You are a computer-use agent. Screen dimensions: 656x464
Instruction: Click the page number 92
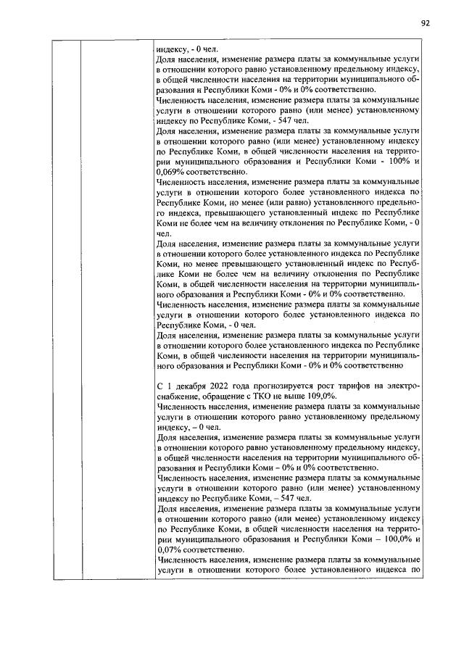click(x=426, y=22)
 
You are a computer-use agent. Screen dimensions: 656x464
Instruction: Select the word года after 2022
click(x=249, y=386)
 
